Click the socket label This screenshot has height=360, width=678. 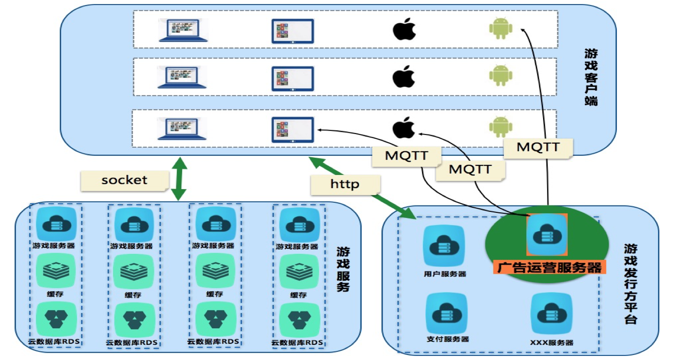click(x=124, y=180)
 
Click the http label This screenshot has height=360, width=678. click(x=345, y=184)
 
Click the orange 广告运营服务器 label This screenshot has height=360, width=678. click(x=550, y=267)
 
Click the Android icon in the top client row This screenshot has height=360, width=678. click(x=500, y=29)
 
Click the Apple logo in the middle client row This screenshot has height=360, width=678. click(x=404, y=76)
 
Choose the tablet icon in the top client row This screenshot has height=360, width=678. click(x=293, y=31)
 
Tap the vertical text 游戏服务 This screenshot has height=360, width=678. click(x=343, y=269)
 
